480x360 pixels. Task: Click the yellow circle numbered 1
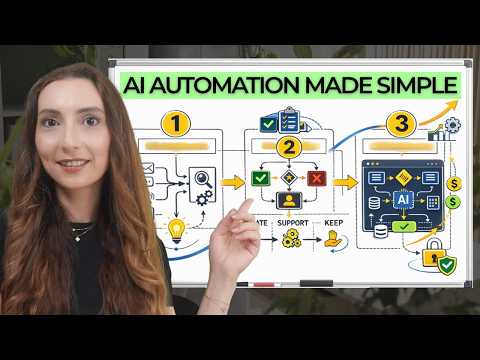(176, 125)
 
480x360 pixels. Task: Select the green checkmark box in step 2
(260, 178)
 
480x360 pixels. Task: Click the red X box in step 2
(318, 178)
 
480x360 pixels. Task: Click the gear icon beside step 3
(452, 124)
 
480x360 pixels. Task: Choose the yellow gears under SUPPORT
(291, 238)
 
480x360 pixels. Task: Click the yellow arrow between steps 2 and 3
(345, 182)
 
